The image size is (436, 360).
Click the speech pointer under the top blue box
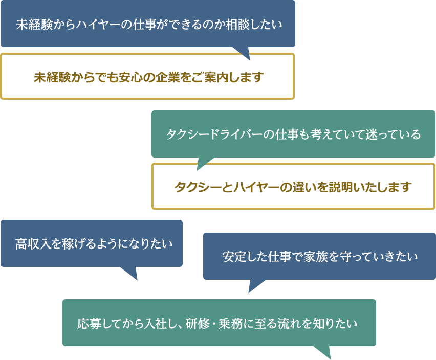[x=245, y=56]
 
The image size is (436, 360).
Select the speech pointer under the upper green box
[x=202, y=166]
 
